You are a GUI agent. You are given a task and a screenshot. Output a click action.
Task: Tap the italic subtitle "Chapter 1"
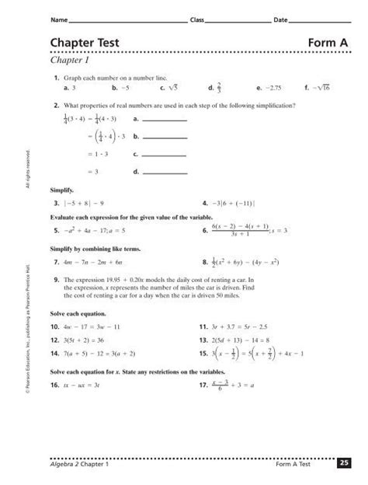72,60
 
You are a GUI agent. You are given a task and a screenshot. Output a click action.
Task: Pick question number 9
57,278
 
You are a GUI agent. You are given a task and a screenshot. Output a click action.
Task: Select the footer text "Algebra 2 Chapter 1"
78,464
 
